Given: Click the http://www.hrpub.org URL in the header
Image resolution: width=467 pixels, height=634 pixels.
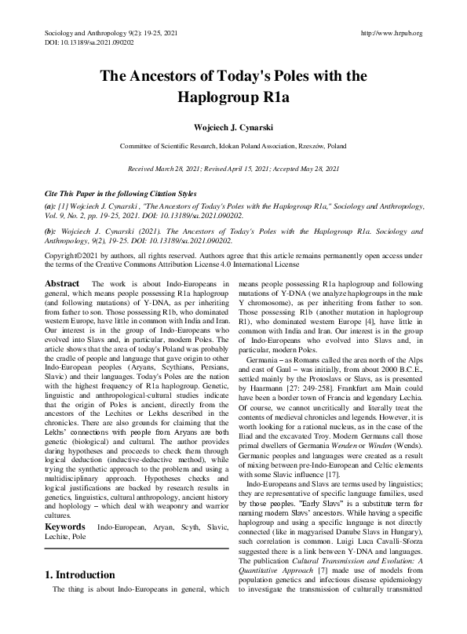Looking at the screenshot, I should [390, 33].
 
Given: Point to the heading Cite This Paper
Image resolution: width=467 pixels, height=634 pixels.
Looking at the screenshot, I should [75, 192].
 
